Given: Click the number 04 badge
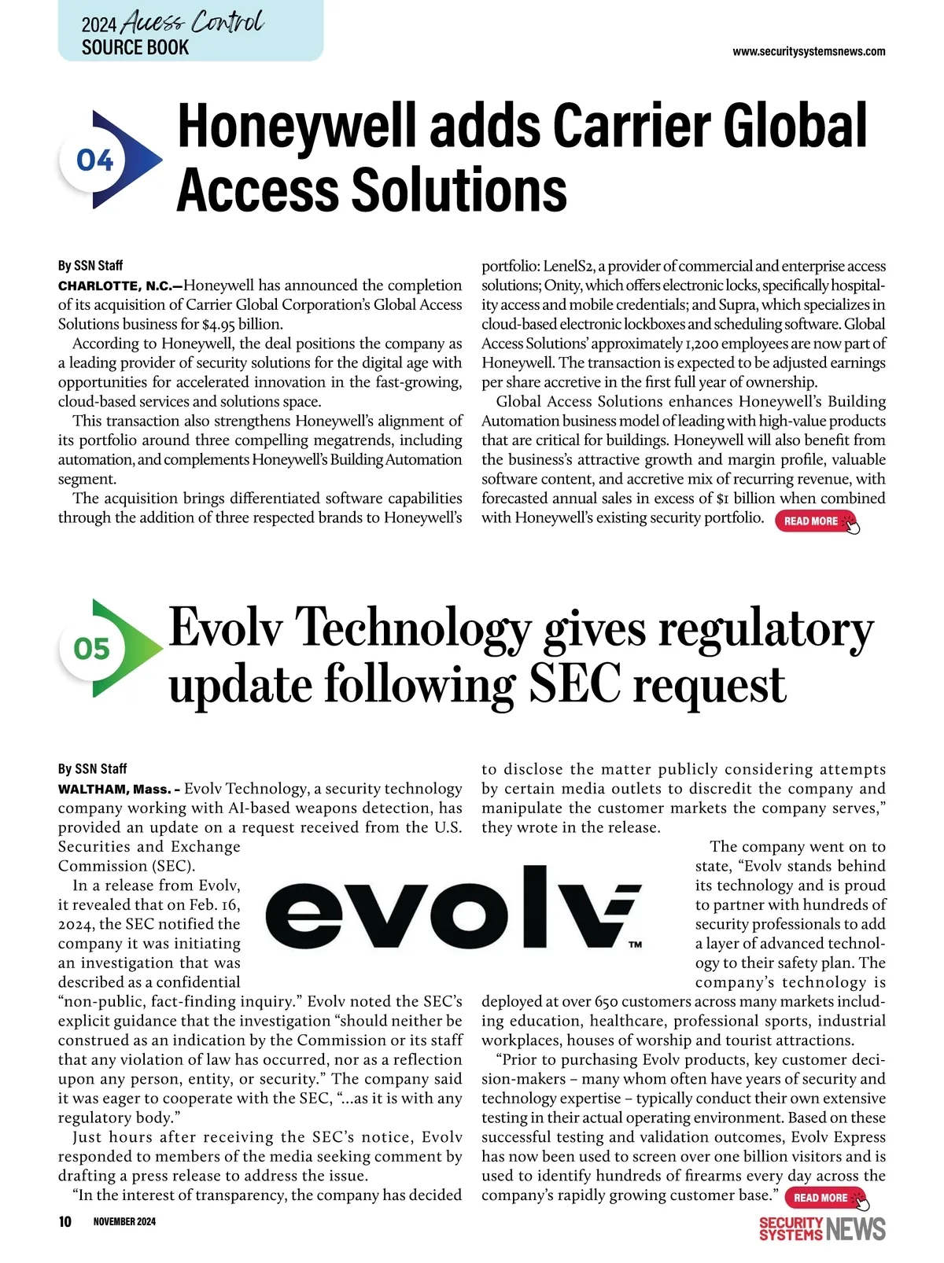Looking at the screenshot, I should [x=95, y=161].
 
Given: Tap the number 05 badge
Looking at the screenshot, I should [x=92, y=649].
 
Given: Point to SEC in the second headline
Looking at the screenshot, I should [x=575, y=684].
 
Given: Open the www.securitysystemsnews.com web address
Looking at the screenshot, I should [x=809, y=52].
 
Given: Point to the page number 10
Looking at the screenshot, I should [x=65, y=1221].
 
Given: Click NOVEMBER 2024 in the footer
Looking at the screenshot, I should [x=124, y=1221].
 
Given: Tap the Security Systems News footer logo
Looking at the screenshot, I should [x=822, y=1228].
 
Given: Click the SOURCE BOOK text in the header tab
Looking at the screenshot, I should [x=135, y=47].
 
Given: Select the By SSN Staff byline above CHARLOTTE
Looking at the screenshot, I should [x=90, y=266].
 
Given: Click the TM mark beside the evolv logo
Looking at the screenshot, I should [x=635, y=944].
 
